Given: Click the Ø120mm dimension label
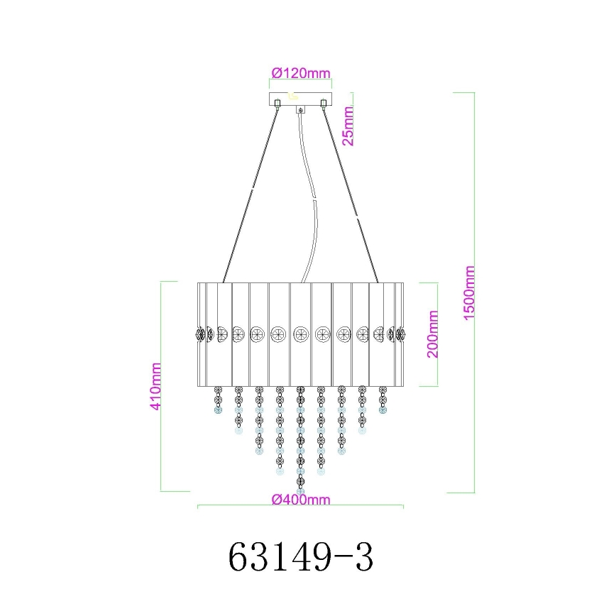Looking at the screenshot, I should tap(301, 72).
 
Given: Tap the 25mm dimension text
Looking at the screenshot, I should tap(348, 125).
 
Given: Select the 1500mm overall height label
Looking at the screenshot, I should tap(469, 293).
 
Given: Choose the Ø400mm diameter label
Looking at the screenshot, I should tap(301, 499).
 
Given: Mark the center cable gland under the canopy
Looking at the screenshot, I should tap(301, 110).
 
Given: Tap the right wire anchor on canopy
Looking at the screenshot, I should tap(324, 105).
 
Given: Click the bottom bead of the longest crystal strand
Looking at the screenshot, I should tap(300, 490).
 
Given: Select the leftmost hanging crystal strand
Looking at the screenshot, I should tap(218, 400).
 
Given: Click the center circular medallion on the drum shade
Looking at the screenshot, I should tap(300, 332).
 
